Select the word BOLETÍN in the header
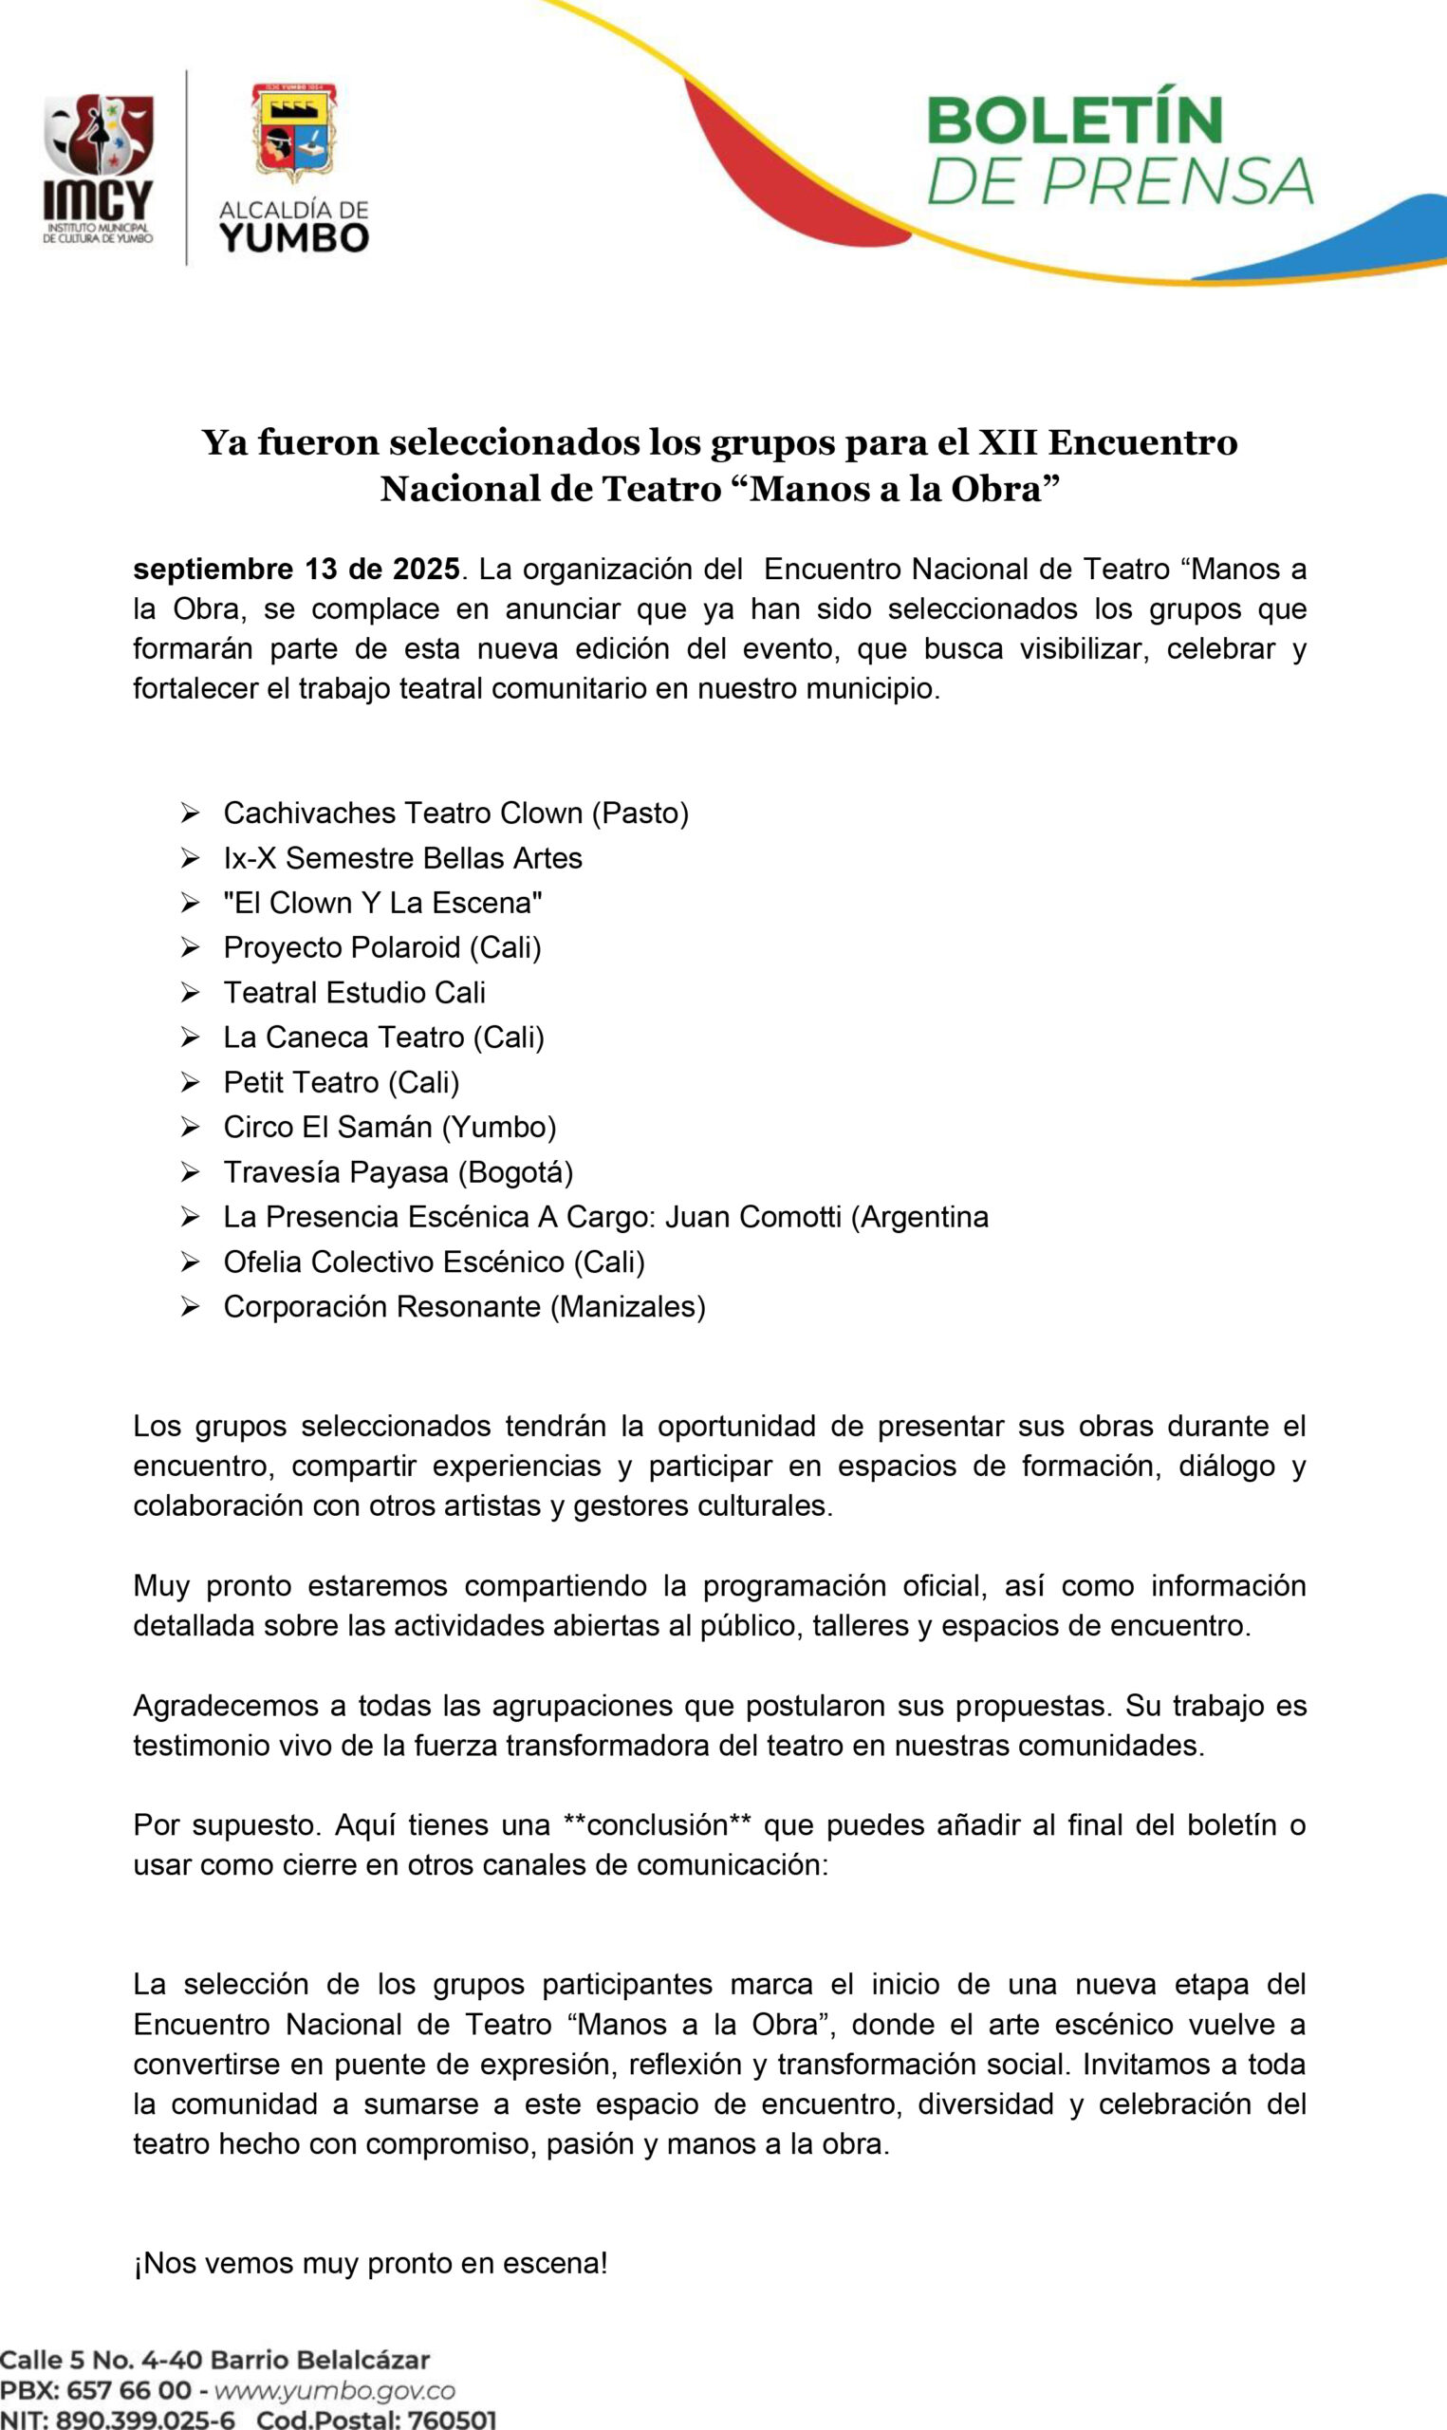[x=1073, y=121]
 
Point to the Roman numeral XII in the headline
[x=1008, y=441]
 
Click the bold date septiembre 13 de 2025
[x=296, y=569]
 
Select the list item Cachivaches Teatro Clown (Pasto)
[x=455, y=813]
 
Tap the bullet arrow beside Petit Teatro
[x=189, y=1082]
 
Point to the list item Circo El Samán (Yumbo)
[x=389, y=1128]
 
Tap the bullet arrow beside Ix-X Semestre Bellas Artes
[x=189, y=858]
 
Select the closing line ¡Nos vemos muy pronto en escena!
[x=370, y=2263]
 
